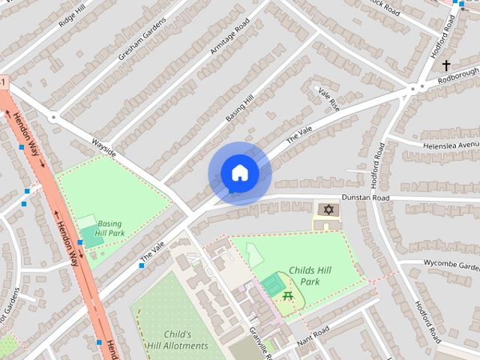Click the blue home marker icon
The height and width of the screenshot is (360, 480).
point(239,173)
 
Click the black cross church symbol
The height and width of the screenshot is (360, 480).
point(447,66)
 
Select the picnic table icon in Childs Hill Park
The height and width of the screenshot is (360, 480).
point(288,298)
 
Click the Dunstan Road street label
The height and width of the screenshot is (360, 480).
point(367,198)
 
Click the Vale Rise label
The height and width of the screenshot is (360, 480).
point(329,98)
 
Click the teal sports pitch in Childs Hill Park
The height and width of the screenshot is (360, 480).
point(272,285)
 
